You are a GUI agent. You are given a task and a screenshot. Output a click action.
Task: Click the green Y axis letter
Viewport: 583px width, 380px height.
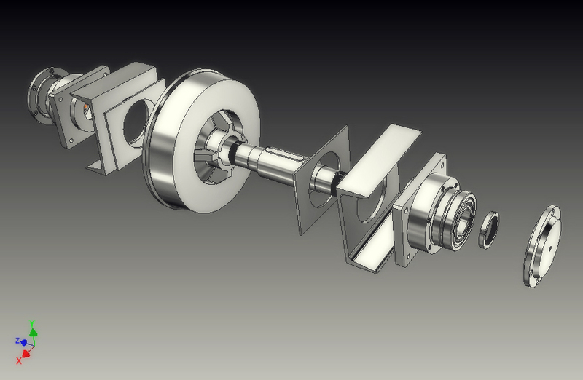tap(32, 323)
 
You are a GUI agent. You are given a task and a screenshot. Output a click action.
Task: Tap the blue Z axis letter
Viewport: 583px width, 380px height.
tap(17, 340)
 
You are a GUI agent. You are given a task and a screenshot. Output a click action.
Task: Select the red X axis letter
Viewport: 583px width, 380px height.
tap(19, 360)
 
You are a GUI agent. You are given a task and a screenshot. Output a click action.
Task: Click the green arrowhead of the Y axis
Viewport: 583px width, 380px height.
tap(34, 332)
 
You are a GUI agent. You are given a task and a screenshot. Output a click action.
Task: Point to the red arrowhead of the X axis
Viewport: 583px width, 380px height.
tap(26, 354)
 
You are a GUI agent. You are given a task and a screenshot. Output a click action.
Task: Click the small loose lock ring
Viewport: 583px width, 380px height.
tap(488, 230)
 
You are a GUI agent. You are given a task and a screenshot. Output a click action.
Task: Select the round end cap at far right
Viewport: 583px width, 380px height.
tap(542, 246)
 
